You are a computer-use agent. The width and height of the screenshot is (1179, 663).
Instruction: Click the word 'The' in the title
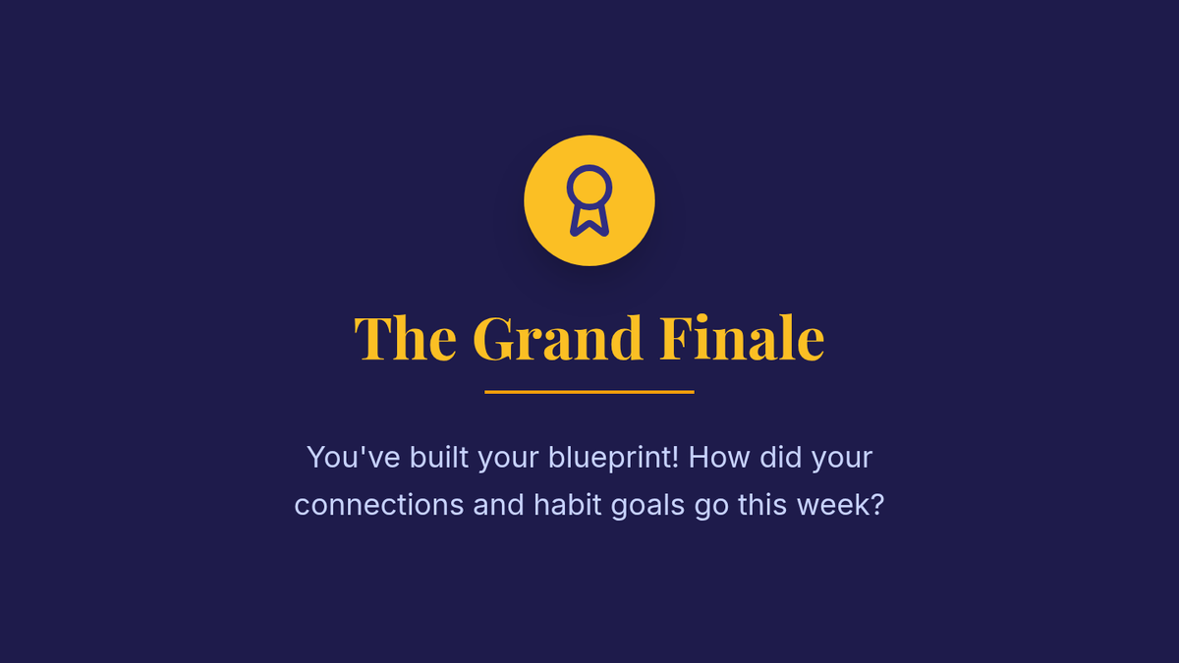point(405,338)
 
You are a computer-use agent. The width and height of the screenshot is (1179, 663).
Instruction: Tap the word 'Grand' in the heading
point(557,338)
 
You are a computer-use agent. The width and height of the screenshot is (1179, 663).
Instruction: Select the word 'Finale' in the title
point(742,338)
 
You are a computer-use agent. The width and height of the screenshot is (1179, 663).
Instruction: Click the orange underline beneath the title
point(589,392)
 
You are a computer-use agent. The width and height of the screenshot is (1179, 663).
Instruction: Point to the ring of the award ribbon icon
point(589,166)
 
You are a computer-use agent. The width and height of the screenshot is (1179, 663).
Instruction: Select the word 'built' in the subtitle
point(439,457)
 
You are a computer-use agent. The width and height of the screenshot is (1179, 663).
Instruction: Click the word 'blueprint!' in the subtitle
point(613,459)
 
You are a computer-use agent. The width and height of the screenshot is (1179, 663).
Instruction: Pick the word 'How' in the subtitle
point(719,457)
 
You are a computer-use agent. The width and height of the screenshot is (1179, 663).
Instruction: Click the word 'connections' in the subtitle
point(379,505)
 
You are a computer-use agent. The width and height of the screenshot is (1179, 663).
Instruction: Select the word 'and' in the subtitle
point(498,505)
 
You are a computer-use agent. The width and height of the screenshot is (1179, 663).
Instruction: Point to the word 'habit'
point(568,505)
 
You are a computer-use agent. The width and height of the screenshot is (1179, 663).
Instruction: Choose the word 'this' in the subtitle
point(762,505)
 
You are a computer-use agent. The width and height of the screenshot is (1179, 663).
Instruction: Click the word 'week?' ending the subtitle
point(841,505)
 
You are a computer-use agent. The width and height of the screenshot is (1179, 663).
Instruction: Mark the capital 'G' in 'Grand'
point(493,338)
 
